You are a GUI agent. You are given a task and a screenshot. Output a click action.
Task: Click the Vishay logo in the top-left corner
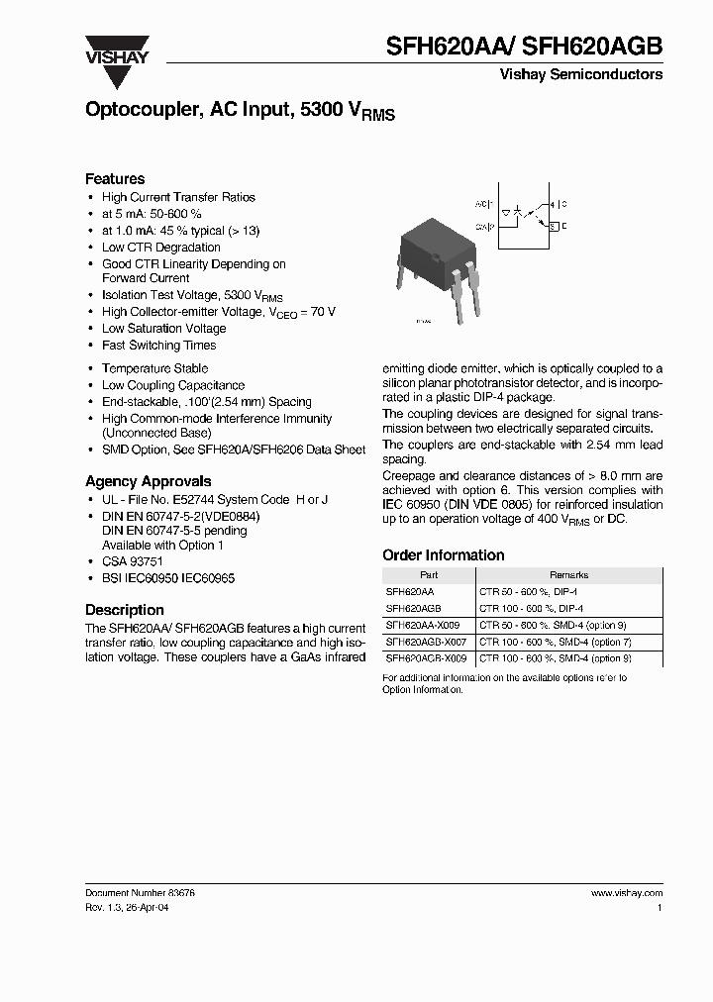click(116, 49)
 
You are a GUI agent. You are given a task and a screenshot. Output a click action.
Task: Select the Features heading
click(115, 179)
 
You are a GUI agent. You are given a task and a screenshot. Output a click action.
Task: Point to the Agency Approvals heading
click(148, 481)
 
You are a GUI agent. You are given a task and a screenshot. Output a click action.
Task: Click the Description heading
click(124, 610)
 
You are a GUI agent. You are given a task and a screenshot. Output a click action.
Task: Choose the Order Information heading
click(443, 555)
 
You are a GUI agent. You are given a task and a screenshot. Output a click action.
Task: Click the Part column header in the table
click(428, 574)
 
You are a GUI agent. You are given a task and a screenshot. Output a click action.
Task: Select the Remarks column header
click(568, 574)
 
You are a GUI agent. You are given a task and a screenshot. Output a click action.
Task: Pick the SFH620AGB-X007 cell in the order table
click(423, 642)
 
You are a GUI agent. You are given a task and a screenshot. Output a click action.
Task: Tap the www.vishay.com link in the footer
click(626, 892)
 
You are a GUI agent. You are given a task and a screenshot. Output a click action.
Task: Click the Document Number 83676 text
click(140, 892)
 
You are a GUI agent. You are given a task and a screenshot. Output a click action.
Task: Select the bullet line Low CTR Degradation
click(160, 248)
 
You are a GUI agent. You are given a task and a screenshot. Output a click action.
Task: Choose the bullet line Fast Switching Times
click(158, 346)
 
